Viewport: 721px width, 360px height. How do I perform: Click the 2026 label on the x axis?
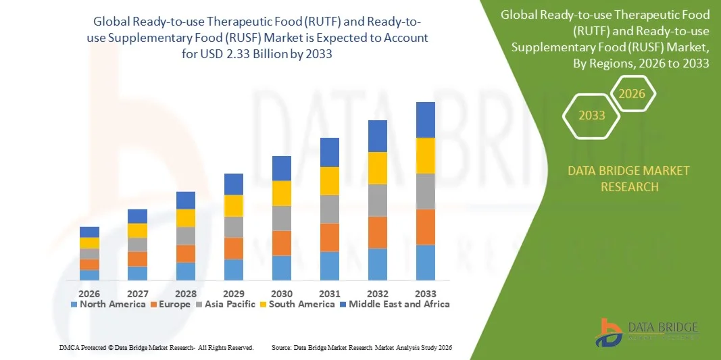coord(89,294)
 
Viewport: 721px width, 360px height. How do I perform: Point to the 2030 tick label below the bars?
coord(282,294)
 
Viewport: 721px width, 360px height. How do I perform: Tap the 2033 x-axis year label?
coord(426,294)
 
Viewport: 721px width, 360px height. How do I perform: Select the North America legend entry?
coord(108,304)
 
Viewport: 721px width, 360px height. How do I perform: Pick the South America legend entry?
coord(297,304)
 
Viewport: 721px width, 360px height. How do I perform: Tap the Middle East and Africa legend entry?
coord(395,304)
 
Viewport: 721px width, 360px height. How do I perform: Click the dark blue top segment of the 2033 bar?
coord(426,120)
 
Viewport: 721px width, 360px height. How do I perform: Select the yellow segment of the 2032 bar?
coord(378,168)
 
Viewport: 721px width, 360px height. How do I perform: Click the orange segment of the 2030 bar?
coord(282,243)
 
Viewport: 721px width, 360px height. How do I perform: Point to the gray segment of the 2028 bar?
coord(186,236)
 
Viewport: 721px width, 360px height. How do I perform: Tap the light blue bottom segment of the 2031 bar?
coord(330,265)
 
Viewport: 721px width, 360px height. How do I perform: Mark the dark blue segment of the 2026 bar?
coord(89,232)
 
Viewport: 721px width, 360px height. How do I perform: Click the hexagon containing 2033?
coord(592,115)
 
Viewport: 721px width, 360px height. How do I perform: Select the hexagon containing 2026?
coord(632,94)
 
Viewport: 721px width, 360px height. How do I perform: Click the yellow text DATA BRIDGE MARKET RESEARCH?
coord(629,178)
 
